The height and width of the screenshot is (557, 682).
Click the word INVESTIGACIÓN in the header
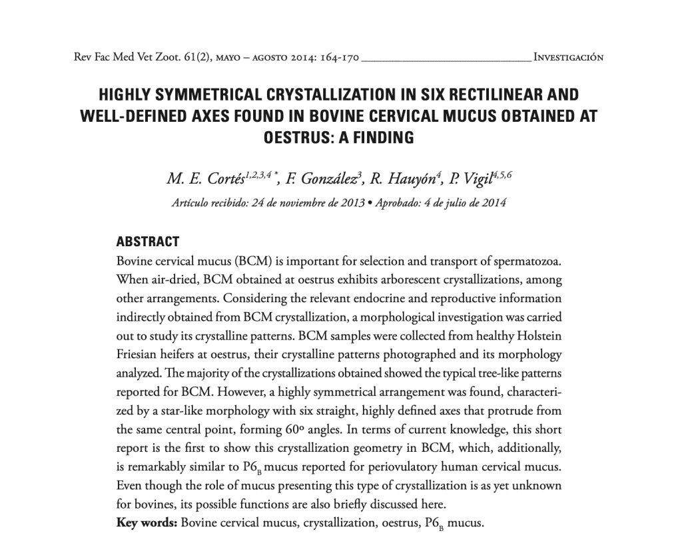coord(568,57)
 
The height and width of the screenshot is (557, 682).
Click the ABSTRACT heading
coord(148,242)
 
